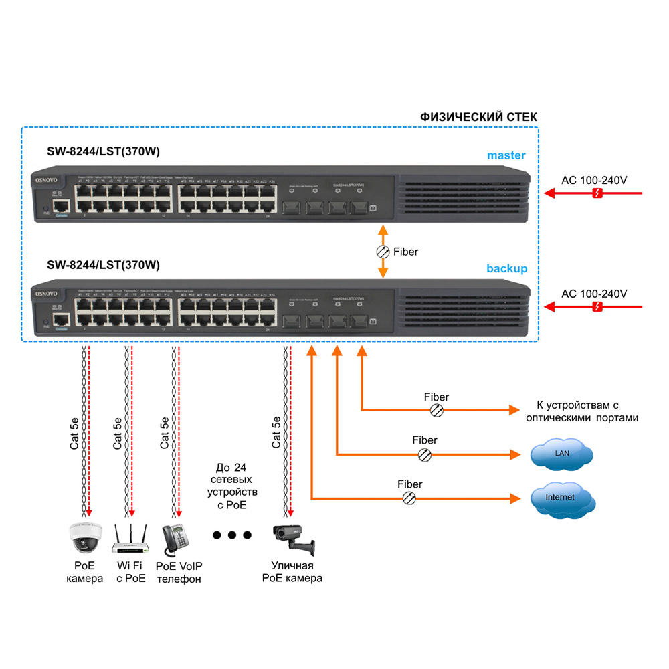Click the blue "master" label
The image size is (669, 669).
pos(506,155)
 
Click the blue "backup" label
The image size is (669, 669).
pos(506,268)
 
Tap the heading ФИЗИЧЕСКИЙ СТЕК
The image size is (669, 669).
pos(478,117)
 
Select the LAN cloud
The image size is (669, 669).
pos(561,454)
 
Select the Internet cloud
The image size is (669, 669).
pos(561,498)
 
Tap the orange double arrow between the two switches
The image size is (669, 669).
pos(383,252)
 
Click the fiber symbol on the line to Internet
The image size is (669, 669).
pos(409,498)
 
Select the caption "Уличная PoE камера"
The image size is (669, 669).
pos(292,572)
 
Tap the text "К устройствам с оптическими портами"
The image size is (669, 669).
pos(581,411)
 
